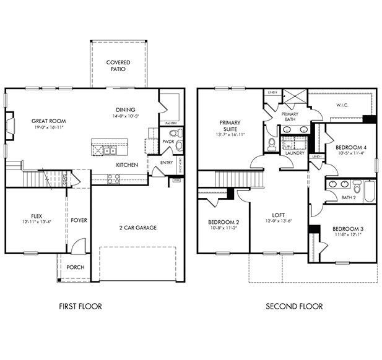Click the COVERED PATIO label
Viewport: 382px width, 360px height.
[x=118, y=66]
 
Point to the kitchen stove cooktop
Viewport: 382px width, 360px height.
[x=113, y=179]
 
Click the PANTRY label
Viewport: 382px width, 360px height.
[x=171, y=124]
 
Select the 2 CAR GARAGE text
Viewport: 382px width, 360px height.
[x=137, y=228]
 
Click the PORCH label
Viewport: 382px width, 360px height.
[x=76, y=267]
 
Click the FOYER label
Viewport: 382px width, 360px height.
[x=78, y=220]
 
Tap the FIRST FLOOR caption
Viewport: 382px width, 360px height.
[x=80, y=306]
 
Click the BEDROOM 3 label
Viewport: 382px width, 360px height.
[x=349, y=229]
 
